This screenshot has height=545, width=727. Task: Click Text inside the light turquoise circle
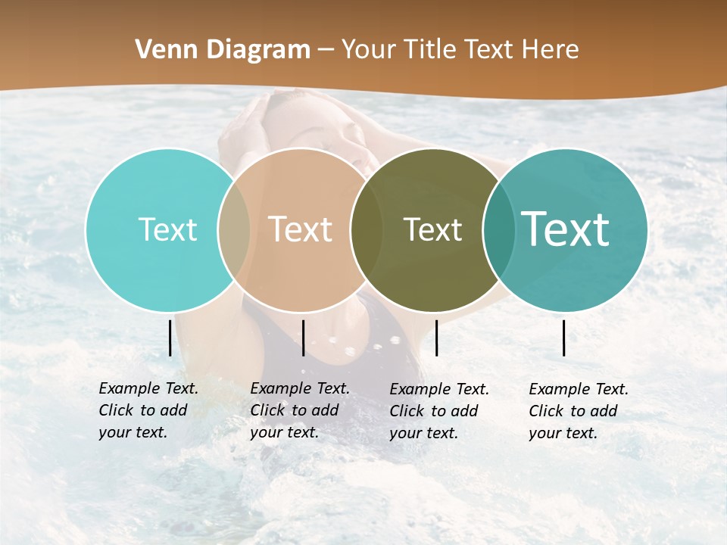tap(167, 229)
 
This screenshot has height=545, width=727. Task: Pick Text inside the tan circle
tap(301, 229)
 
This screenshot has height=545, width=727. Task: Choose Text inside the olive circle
tap(432, 229)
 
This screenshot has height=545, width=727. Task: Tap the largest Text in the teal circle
tap(565, 229)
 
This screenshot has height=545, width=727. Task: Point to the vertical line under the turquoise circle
tap(170, 338)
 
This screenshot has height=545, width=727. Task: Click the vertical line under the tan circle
tap(303, 338)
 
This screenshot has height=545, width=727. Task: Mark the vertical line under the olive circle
tap(436, 338)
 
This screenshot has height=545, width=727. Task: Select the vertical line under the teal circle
tap(564, 338)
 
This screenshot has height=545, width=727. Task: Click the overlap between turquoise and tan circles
tap(234, 229)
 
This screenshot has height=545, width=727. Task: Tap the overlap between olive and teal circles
tap(499, 229)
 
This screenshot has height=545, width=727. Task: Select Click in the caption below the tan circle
tap(267, 410)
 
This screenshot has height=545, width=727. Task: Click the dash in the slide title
tap(326, 50)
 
